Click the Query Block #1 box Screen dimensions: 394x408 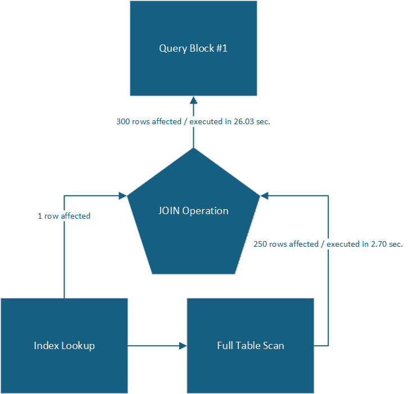(193, 48)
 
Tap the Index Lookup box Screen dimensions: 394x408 (64, 346)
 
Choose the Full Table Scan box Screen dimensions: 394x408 (250, 346)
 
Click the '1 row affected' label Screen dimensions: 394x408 (64, 216)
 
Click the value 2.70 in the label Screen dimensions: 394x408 (375, 244)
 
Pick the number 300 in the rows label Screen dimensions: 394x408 (123, 121)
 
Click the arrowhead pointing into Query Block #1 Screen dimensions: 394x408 (193, 99)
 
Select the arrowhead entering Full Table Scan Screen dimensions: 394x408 (183, 346)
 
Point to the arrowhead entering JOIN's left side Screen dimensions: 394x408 (123, 196)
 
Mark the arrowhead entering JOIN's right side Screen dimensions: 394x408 (264, 196)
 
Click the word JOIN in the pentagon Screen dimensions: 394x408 (169, 211)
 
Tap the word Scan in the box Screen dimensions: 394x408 (273, 346)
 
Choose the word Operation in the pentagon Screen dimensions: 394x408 (206, 211)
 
